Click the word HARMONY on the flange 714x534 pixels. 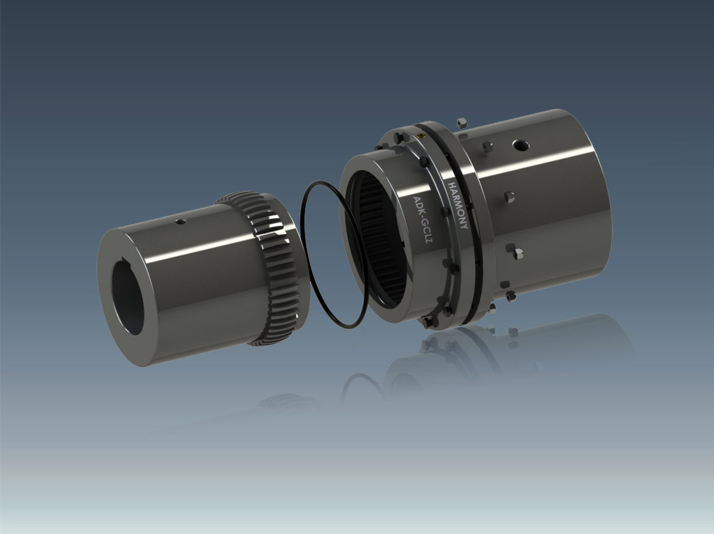pyautogui.click(x=458, y=206)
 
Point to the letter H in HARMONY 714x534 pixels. pyautogui.click(x=452, y=186)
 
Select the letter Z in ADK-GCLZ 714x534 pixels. pyautogui.click(x=425, y=240)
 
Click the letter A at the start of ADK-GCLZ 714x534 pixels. pyautogui.click(x=415, y=200)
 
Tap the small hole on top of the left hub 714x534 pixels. pyautogui.click(x=181, y=222)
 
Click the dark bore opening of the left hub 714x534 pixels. pyautogui.click(x=128, y=297)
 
